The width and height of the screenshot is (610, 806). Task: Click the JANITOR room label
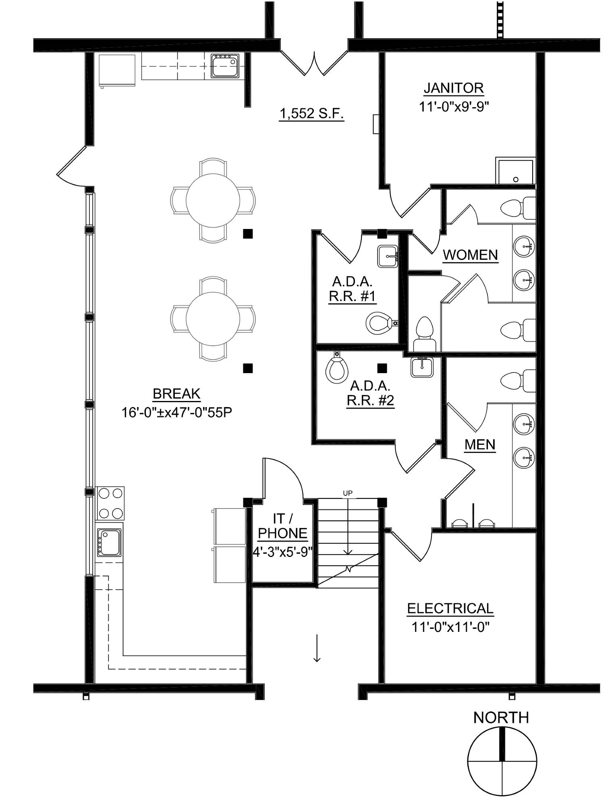click(454, 88)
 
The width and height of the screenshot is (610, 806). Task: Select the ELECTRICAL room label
click(450, 608)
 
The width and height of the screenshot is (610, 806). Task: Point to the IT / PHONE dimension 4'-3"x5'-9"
click(283, 552)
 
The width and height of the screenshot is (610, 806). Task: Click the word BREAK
click(177, 394)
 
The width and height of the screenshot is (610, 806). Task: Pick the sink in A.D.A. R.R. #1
click(388, 257)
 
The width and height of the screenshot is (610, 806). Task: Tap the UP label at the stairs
click(347, 493)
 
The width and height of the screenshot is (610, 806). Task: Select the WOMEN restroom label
click(470, 255)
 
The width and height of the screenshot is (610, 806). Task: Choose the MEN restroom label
click(479, 445)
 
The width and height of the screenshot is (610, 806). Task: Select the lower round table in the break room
click(213, 318)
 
